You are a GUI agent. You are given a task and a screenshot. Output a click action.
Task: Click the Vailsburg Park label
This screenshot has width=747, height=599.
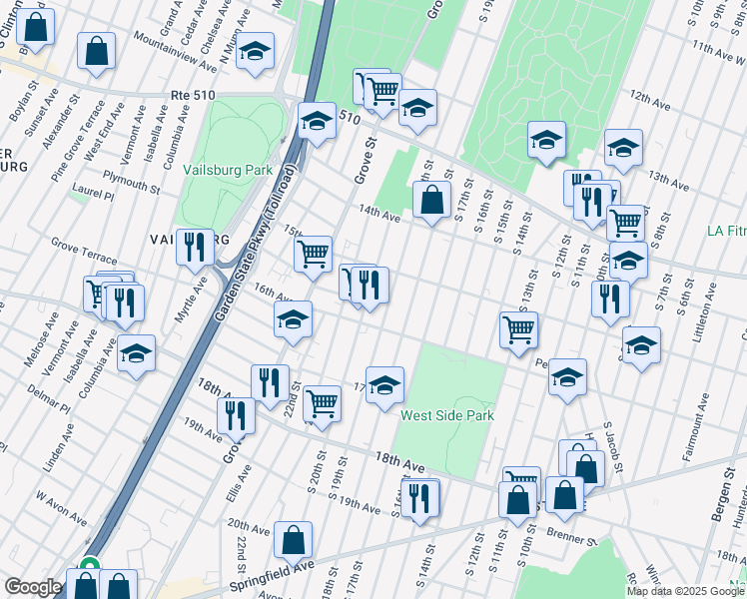click(x=228, y=170)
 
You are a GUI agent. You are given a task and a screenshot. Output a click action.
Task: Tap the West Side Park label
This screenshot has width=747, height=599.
click(x=447, y=414)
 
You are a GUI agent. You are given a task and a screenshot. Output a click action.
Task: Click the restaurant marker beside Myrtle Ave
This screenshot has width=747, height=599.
click(x=195, y=246)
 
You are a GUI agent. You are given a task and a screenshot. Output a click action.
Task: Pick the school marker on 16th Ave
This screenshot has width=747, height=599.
click(x=294, y=320)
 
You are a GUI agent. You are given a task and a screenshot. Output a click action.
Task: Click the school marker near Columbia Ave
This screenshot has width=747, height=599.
click(x=136, y=353)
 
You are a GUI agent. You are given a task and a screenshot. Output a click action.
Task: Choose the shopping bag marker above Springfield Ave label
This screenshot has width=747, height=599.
click(x=294, y=540)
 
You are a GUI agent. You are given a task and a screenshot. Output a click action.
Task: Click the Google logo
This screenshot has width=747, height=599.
click(x=34, y=587)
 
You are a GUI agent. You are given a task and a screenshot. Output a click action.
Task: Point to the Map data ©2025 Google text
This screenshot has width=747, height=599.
click(x=685, y=591)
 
